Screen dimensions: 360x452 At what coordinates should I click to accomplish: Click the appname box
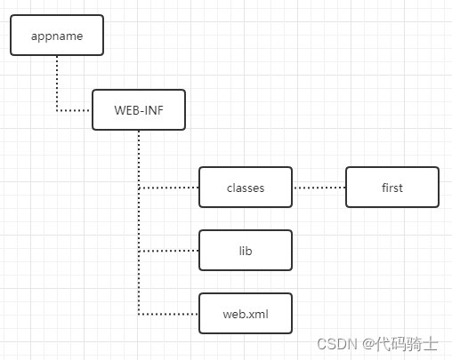click(57, 35)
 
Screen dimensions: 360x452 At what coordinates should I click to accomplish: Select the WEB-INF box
click(139, 109)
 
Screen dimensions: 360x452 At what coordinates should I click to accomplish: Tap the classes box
click(246, 188)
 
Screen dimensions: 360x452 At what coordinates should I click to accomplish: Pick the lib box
click(246, 251)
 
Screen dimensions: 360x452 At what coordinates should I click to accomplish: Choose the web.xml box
click(246, 314)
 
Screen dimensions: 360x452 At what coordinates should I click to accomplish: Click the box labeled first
click(391, 188)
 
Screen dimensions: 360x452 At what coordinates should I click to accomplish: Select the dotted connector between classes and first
click(319, 188)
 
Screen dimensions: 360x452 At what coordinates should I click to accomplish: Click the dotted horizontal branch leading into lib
click(169, 251)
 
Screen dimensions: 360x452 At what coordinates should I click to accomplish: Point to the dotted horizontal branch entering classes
click(169, 188)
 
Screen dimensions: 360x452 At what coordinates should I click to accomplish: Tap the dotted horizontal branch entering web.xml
click(169, 314)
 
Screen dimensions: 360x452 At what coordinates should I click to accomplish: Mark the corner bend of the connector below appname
click(57, 110)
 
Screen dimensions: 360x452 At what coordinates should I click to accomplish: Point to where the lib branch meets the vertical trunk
click(139, 251)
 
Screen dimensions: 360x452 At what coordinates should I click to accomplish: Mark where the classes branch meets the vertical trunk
click(139, 188)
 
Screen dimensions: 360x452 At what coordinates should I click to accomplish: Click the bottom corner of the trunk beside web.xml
click(139, 314)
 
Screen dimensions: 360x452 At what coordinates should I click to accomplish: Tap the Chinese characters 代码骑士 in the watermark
click(412, 343)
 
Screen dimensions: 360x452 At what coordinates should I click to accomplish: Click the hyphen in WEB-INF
click(143, 110)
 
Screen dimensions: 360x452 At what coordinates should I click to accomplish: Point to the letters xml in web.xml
click(256, 314)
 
